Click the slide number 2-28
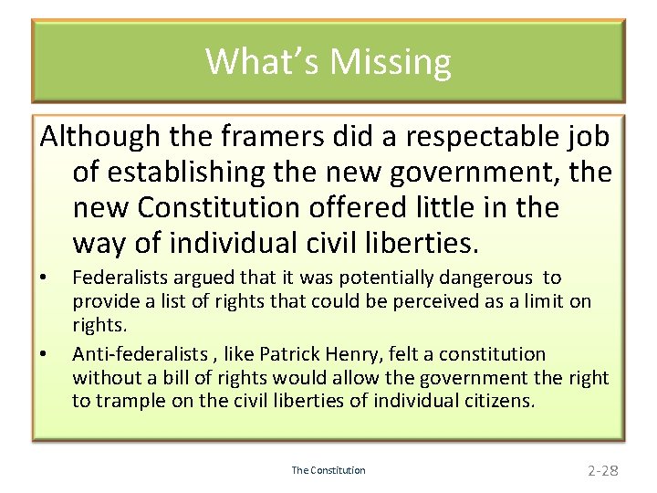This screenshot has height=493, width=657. tap(603, 470)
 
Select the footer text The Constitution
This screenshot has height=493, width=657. tap(328, 470)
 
